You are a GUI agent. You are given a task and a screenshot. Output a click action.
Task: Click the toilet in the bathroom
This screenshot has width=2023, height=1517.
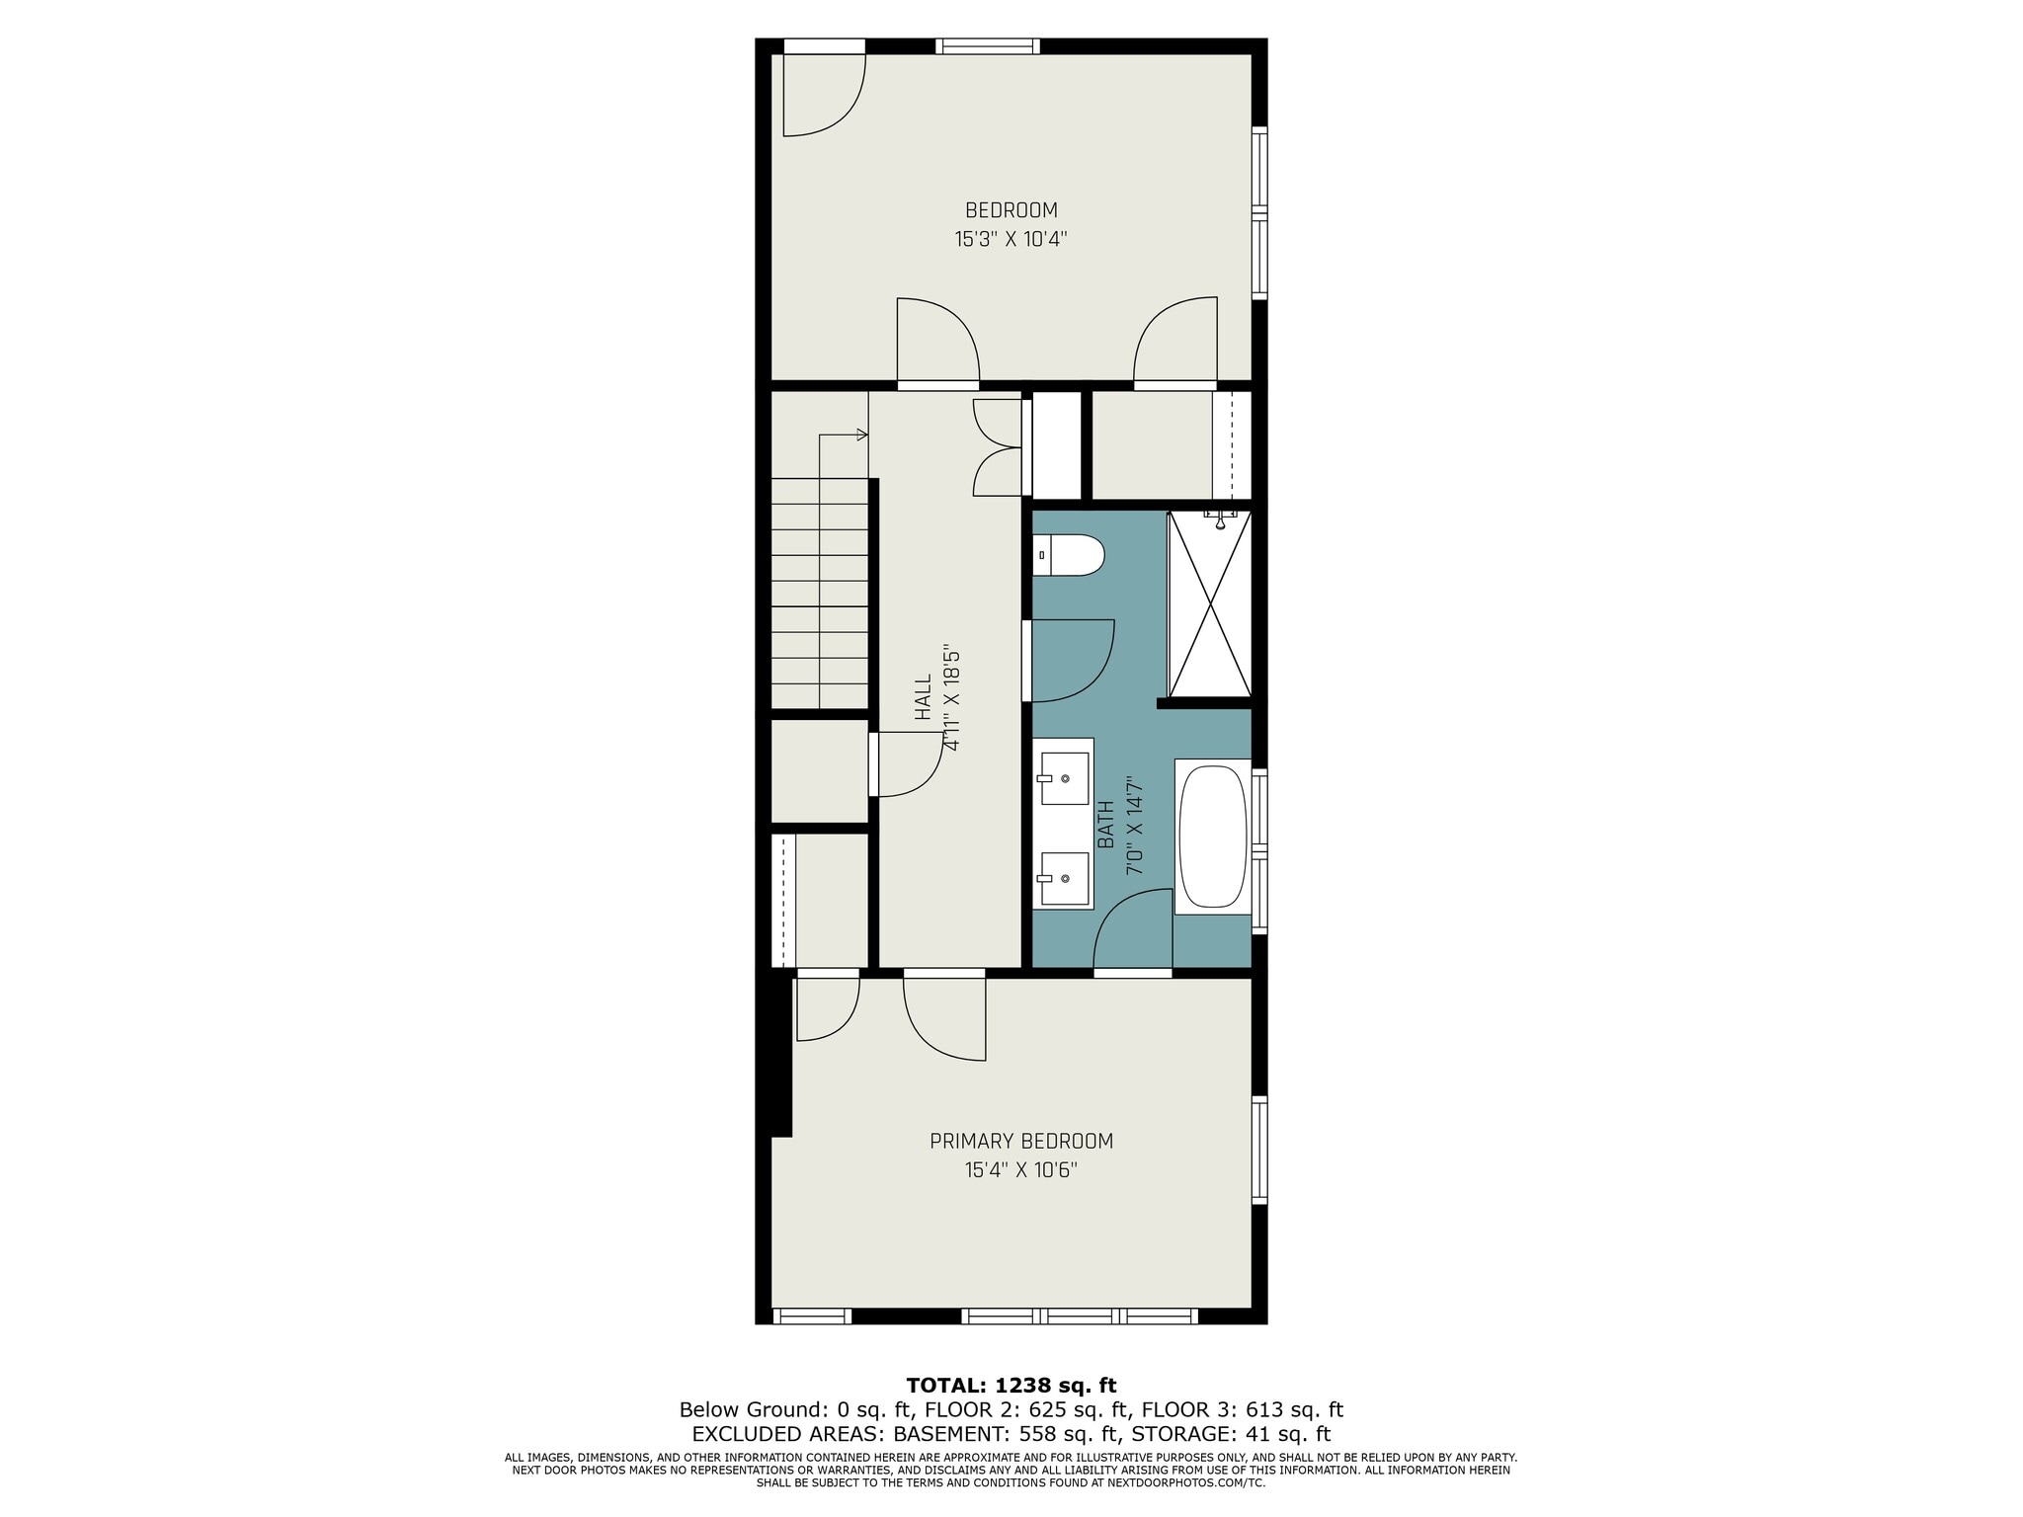[x=1069, y=555]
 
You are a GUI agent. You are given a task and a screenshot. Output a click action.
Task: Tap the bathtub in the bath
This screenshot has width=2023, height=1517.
[x=1213, y=836]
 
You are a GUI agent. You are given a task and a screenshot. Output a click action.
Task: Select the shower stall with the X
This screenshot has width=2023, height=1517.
[x=1210, y=603]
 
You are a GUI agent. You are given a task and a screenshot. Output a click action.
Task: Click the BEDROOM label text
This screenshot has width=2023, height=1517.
[x=1011, y=210]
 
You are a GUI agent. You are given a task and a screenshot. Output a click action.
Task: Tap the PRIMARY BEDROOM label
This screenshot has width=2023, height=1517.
[x=1021, y=1142]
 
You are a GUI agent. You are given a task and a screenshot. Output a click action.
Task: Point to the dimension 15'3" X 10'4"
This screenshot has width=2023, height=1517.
[x=1011, y=239]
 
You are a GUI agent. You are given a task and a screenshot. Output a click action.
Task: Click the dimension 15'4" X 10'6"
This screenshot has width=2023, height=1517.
[x=1021, y=1170]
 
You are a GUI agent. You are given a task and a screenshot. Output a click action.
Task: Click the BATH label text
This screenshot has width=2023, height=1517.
[x=1106, y=825]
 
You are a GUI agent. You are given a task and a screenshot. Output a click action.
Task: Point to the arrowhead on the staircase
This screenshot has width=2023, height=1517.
[x=862, y=435]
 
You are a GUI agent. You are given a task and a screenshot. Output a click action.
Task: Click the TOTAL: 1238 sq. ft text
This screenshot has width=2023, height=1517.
[x=1011, y=1386]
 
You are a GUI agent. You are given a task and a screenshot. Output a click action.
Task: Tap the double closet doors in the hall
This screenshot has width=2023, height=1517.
[x=997, y=447]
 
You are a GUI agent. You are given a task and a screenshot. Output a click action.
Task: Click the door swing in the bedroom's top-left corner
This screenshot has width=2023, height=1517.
[x=825, y=95]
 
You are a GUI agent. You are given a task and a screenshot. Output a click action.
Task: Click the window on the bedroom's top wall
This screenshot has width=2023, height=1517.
[x=988, y=45]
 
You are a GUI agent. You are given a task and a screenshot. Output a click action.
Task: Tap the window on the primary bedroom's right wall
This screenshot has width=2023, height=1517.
[x=1259, y=1151]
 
